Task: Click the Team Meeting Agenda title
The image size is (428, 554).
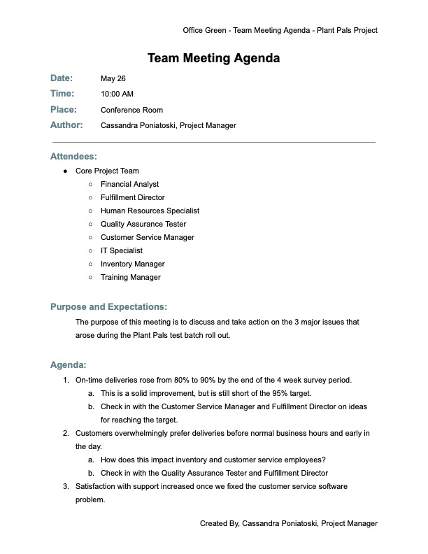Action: pyautogui.click(x=213, y=58)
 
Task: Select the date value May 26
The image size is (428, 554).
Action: pyautogui.click(x=113, y=78)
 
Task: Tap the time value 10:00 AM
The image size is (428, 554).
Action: pyautogui.click(x=117, y=94)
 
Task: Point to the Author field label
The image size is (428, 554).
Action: pyautogui.click(x=66, y=125)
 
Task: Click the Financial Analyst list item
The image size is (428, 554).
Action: pyautogui.click(x=129, y=184)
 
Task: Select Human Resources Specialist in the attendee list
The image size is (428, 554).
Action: pyautogui.click(x=150, y=211)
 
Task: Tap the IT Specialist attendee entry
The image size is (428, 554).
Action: pyautogui.click(x=121, y=250)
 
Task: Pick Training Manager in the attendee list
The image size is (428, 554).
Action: pyautogui.click(x=130, y=277)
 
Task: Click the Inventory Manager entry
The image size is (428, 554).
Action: pyautogui.click(x=132, y=264)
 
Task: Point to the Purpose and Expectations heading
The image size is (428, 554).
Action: pyautogui.click(x=108, y=306)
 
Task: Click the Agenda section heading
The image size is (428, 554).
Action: pyautogui.click(x=69, y=364)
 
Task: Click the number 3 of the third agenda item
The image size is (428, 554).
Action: pyautogui.click(x=65, y=486)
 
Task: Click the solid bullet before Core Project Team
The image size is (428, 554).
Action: pyautogui.click(x=65, y=171)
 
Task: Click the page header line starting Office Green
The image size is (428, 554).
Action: pyautogui.click(x=280, y=30)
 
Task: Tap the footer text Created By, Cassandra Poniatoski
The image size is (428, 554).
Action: pyautogui.click(x=288, y=523)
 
